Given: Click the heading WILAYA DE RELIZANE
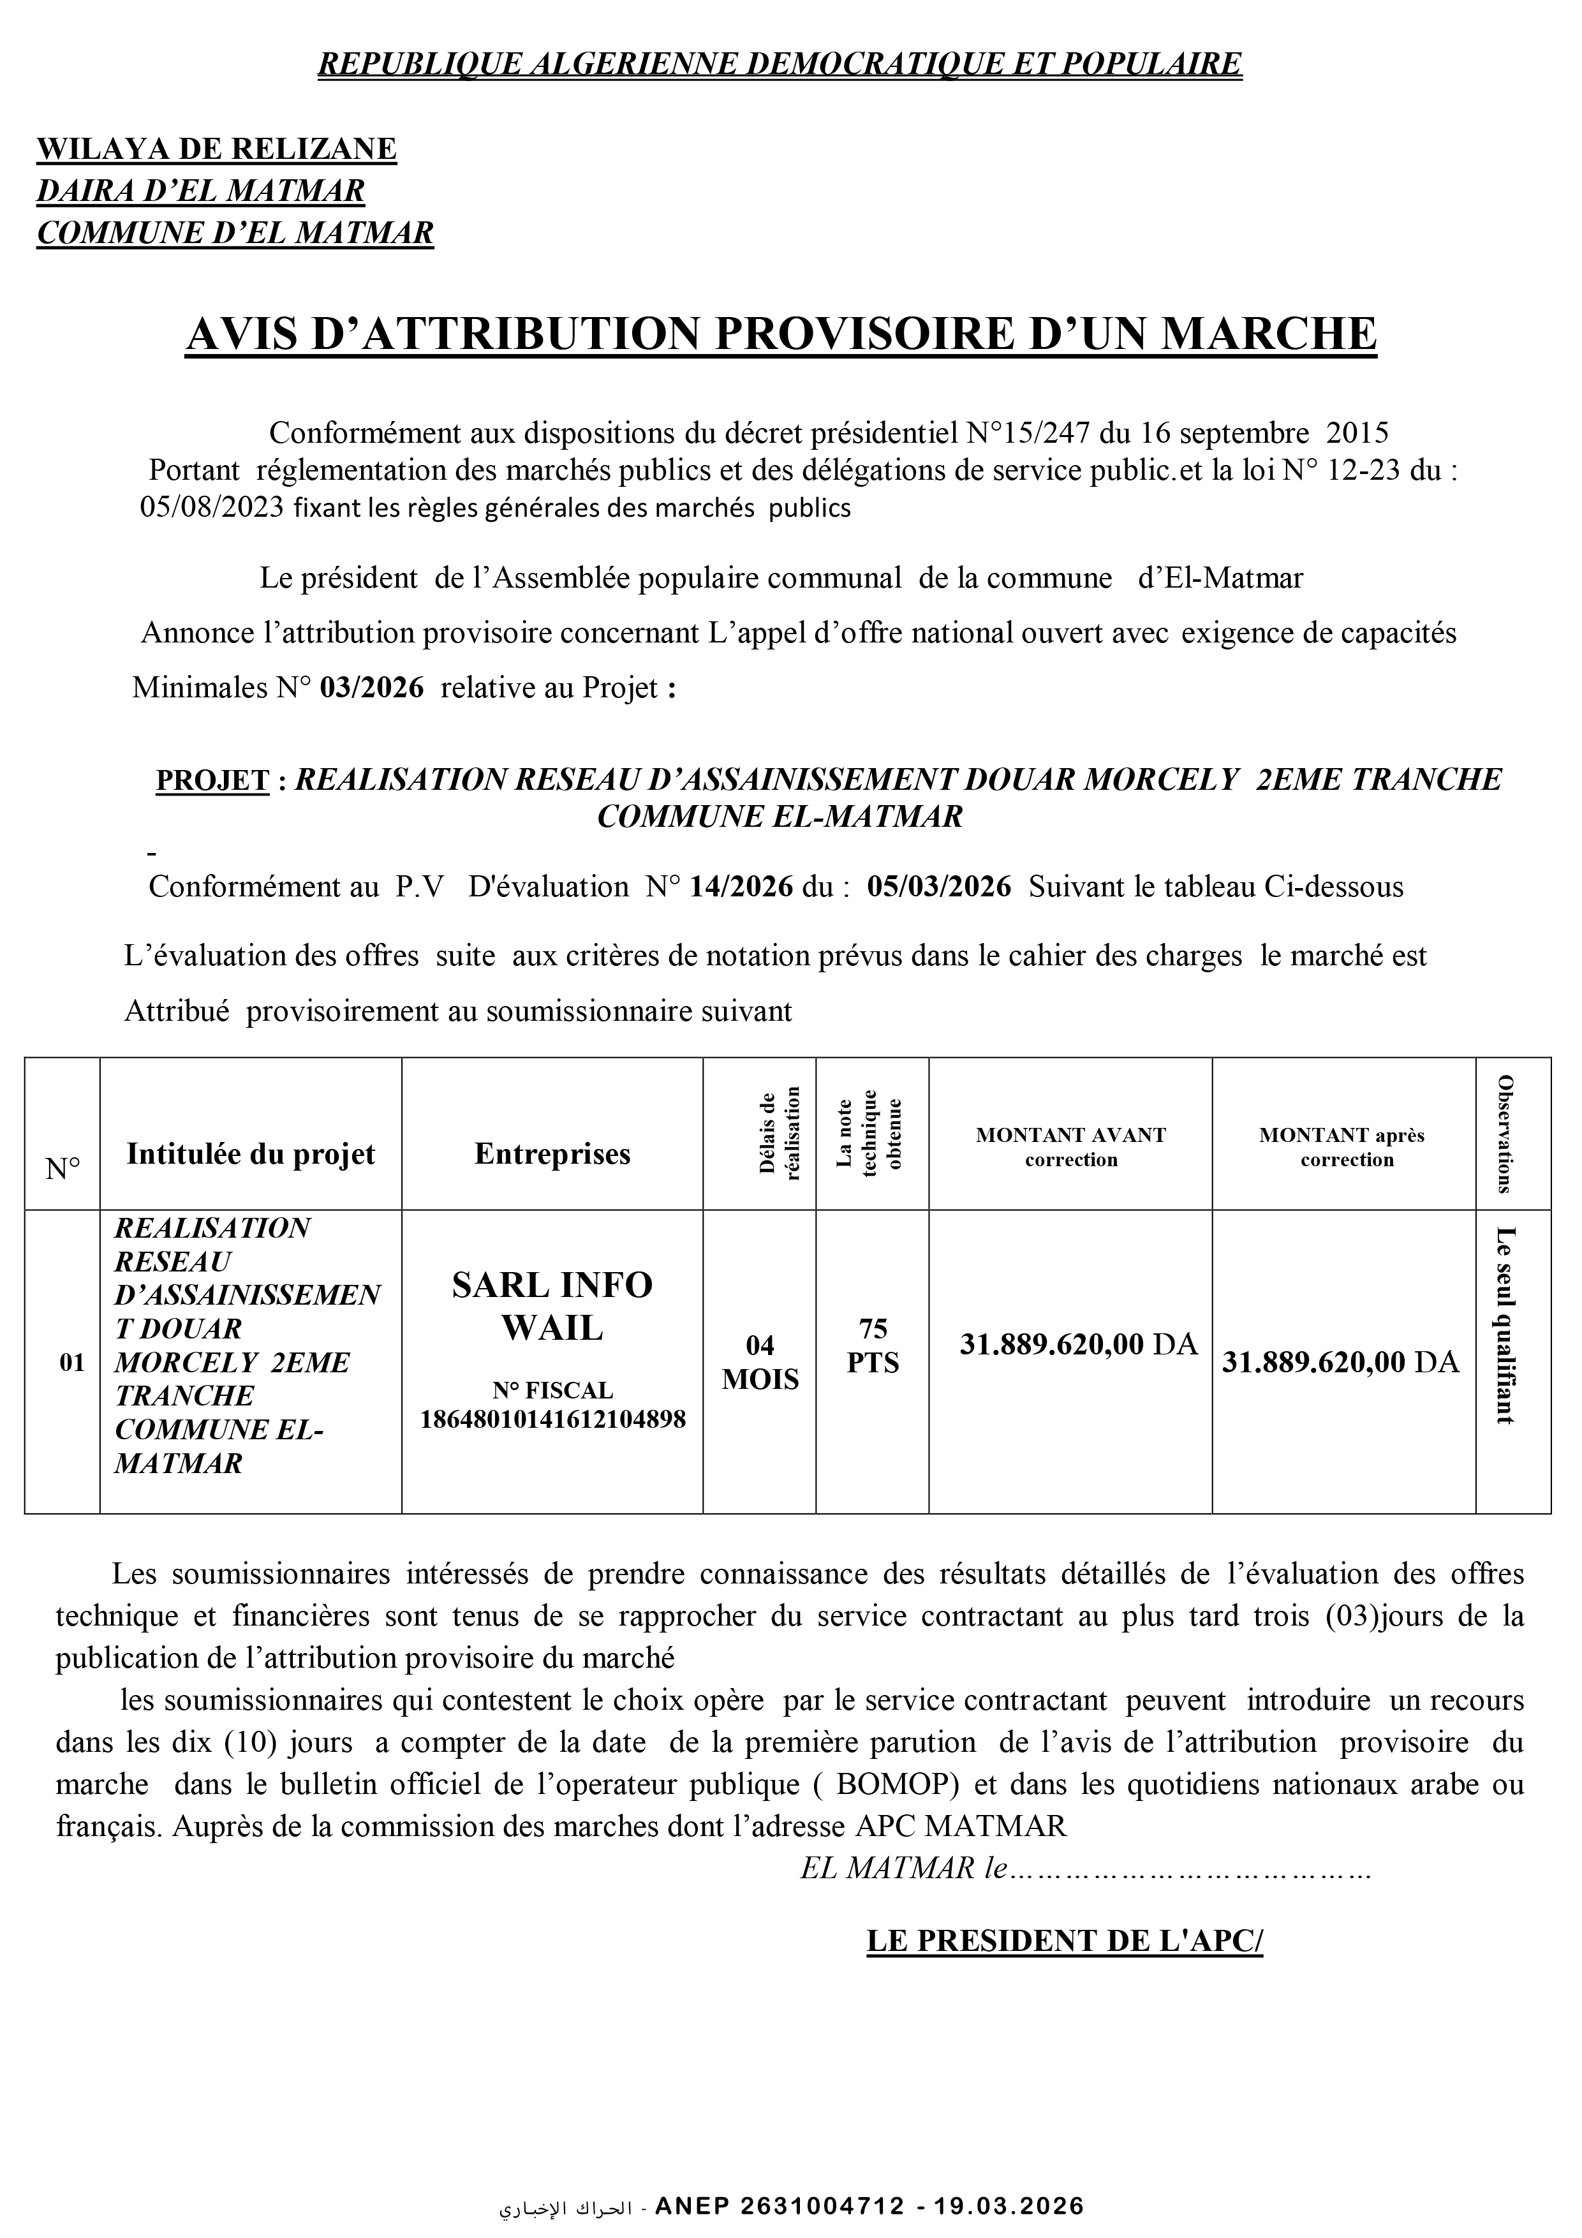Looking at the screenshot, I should coord(216,149).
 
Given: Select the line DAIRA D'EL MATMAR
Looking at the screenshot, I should coord(201,191).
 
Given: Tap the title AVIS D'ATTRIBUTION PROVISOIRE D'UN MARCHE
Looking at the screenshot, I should coord(781,334).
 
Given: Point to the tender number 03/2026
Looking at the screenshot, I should coord(373,688).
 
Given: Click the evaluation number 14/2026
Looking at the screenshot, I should coord(741,887).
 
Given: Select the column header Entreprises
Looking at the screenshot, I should coord(552,1154).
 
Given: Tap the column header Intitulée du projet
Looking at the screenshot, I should coord(251,1154).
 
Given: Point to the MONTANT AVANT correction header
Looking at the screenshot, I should coord(1070,1147).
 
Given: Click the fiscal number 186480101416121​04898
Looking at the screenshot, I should coord(552,1419).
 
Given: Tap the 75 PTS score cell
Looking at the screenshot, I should coord(873,1346).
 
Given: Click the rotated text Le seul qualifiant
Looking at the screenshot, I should coord(1505,1326).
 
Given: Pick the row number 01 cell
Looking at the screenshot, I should coord(72,1363).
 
